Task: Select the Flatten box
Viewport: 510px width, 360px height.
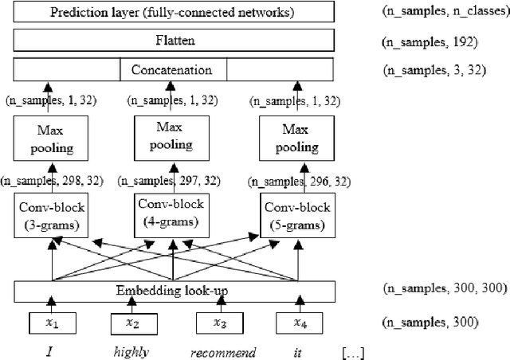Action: coord(174,39)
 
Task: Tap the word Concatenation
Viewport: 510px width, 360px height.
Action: coord(173,70)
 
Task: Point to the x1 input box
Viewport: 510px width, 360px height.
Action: coord(52,323)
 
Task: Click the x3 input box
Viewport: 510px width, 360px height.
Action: coord(221,323)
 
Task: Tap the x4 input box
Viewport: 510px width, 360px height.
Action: coord(300,323)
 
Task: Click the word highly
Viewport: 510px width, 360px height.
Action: coord(130,350)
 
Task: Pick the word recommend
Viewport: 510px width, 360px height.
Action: coord(222,350)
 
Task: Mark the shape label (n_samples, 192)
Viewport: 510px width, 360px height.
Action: coord(430,40)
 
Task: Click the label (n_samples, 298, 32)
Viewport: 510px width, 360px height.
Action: coord(51,181)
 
